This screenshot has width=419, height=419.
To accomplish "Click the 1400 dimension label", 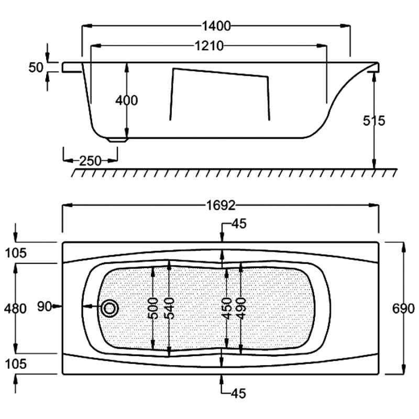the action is pos(216,26).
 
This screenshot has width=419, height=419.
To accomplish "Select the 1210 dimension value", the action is pos(209,46).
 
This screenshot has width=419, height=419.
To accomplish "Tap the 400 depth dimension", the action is pos(127,101).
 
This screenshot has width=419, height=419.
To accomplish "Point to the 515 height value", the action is pos(374,121).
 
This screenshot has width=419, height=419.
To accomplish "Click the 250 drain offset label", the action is pos(91,161).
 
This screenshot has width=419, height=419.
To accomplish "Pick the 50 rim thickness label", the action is pos(36,68).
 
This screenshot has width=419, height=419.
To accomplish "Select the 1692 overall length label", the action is pos(221,205).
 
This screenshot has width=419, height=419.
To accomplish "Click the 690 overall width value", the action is pos(403,308).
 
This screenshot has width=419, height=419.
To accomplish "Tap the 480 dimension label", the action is pos(15,308).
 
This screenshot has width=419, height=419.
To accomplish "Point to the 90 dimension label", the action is pos(45,306).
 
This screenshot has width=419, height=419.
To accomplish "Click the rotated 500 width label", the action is pos(153,308).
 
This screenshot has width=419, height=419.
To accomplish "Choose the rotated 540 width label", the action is pos(169,308).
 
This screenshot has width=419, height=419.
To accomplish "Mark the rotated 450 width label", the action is pos(227,308).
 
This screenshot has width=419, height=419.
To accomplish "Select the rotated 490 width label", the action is pos(241,308).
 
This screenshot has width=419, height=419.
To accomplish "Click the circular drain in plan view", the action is pos(109,308).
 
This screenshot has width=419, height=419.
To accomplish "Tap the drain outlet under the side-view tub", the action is pos(118,140).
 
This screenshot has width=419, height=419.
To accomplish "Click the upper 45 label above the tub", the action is pos(239,224).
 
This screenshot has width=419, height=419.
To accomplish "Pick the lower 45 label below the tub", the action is pos(238,393).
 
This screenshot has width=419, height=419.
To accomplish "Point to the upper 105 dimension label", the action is pos(16,253).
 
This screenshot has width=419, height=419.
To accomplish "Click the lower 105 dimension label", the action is pos(16,363).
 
